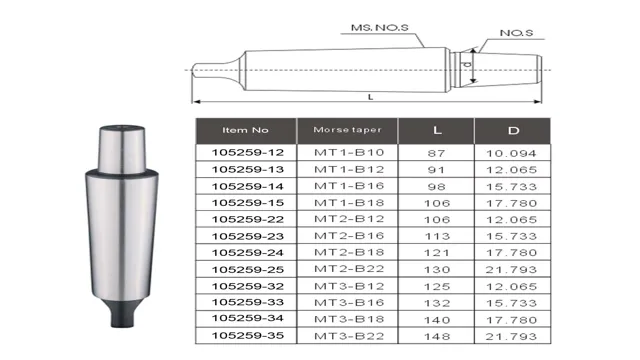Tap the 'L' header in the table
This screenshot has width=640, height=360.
(436, 130)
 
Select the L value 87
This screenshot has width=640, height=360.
(436, 153)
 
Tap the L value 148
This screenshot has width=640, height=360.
(436, 335)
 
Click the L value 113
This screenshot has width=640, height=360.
(436, 236)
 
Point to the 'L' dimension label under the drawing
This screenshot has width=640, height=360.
(371, 96)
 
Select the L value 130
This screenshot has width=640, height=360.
(436, 269)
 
